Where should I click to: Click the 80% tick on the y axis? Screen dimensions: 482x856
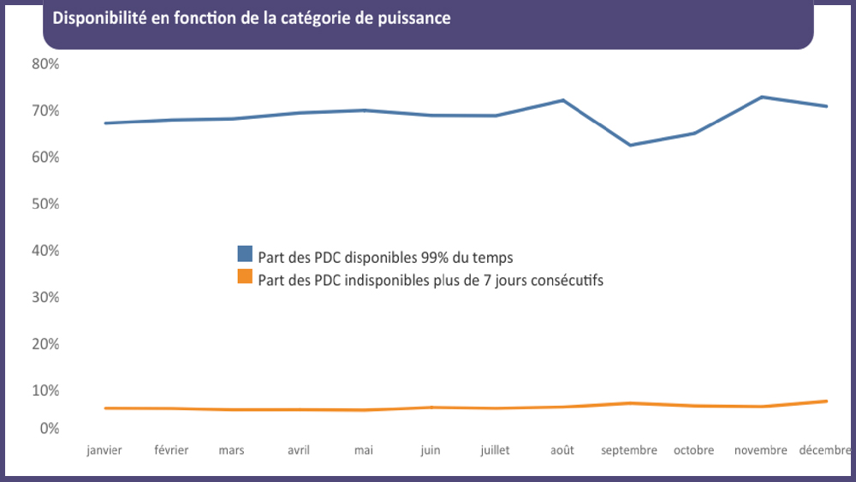45,64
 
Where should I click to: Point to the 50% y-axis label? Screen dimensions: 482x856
45,204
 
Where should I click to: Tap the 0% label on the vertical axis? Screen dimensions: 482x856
49,428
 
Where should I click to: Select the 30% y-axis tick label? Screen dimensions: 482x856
45,297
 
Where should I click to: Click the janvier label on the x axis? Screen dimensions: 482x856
104,450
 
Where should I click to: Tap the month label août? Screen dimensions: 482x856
562,450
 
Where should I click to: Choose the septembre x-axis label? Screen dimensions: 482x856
629,450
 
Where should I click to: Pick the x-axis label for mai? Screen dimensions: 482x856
363,450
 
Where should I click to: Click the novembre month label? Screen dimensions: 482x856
761,450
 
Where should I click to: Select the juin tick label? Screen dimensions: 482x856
431,450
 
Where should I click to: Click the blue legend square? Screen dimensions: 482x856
245,254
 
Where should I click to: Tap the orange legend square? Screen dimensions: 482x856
245,277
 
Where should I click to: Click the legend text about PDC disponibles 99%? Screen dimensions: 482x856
385,257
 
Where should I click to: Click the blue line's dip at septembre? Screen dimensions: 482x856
630,145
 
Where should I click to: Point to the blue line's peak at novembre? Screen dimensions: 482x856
762,97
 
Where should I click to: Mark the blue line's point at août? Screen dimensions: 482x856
563,100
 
